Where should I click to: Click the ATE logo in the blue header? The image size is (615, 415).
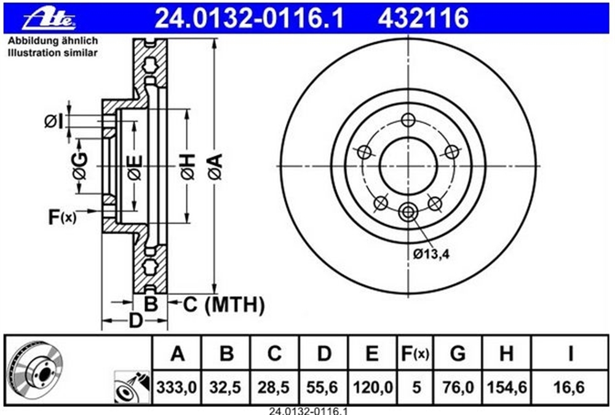[49, 18]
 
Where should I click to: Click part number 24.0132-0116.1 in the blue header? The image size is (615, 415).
[250, 18]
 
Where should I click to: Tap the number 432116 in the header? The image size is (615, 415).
[423, 18]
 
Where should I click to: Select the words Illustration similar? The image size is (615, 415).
[52, 52]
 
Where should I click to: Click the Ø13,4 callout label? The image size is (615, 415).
[431, 254]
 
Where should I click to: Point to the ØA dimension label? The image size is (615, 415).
[216, 167]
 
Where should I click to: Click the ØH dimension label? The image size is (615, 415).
[188, 167]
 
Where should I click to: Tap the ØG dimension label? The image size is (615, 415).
[80, 166]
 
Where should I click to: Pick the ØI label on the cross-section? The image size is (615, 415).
[54, 122]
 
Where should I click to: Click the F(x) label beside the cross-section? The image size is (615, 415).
[62, 217]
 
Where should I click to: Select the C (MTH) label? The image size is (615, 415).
[224, 304]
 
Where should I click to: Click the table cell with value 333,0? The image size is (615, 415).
[177, 387]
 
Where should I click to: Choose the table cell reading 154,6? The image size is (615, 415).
[507, 387]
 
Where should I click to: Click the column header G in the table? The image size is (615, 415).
[458, 354]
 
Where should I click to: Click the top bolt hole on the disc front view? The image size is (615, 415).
[408, 120]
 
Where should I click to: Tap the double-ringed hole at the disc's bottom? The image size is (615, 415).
[408, 212]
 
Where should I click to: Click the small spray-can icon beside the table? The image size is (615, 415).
[132, 387]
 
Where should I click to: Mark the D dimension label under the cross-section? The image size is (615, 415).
[136, 320]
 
